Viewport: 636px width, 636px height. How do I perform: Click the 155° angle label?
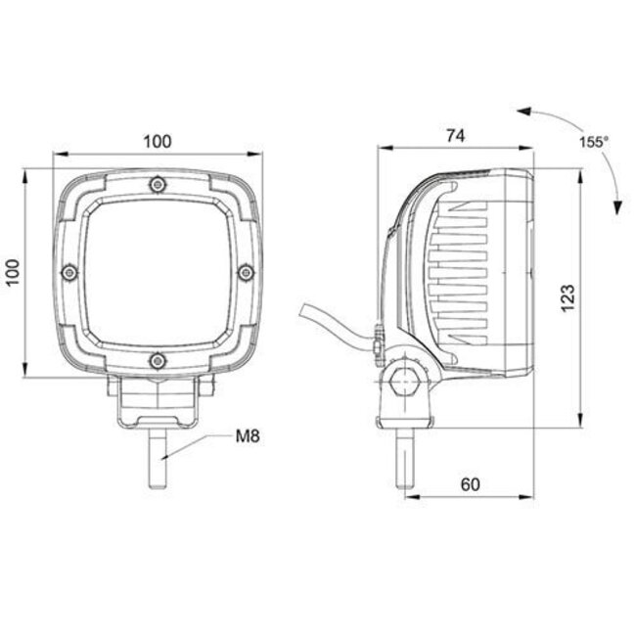tap(593, 142)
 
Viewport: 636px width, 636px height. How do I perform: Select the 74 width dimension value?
tap(455, 137)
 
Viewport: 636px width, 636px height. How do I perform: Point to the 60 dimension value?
tap(469, 484)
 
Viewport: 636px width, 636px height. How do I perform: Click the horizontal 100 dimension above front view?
tap(157, 141)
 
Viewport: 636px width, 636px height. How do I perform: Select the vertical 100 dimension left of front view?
tap(12, 272)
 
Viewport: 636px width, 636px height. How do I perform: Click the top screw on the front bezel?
tap(157, 183)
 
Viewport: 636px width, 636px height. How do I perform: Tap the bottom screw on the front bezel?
tap(157, 361)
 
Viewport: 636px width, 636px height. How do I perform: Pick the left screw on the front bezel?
tap(68, 272)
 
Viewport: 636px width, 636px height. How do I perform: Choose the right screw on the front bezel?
tap(246, 272)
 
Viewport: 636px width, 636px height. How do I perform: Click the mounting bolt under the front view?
tap(159, 460)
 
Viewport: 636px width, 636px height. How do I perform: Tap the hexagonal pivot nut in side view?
tap(403, 380)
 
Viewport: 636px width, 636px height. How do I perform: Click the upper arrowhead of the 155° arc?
tap(522, 113)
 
